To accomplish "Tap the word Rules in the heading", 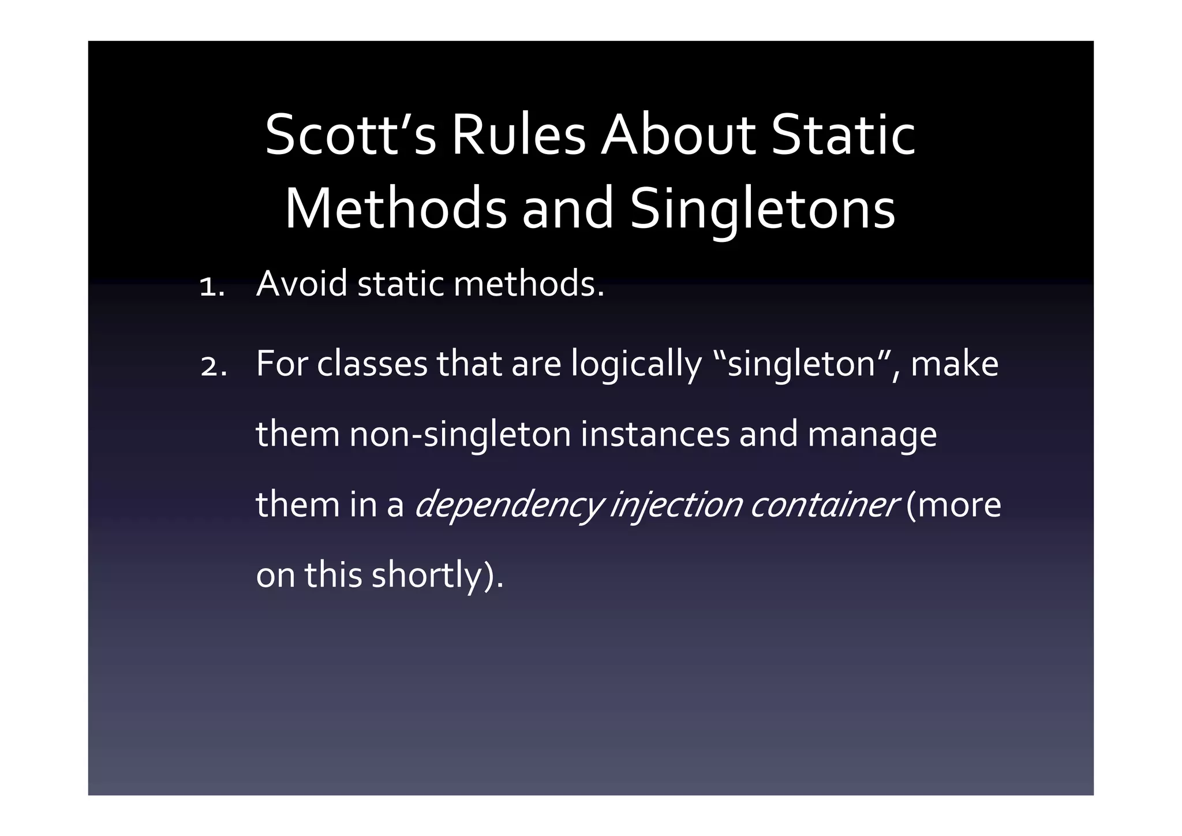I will point(518,136).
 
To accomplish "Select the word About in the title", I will point(678,136).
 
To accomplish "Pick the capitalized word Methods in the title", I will point(395,209).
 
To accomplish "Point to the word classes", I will point(372,364).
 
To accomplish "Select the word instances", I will point(655,435).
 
